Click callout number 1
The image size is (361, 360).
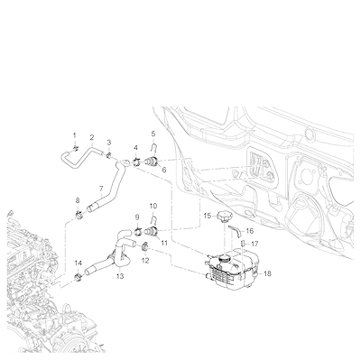pyautogui.click(x=75, y=135)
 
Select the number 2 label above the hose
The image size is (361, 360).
pyautogui.click(x=92, y=138)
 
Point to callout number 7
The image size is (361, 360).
pyautogui.click(x=101, y=189)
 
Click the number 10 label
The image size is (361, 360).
pyautogui.click(x=153, y=206)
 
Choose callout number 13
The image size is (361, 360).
pyautogui.click(x=120, y=276)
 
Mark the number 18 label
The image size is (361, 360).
pyautogui.click(x=267, y=273)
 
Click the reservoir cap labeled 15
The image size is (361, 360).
pyautogui.click(x=223, y=217)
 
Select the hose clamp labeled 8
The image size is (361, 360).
pyautogui.click(x=79, y=215)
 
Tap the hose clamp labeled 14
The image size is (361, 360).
pyautogui.click(x=79, y=277)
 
